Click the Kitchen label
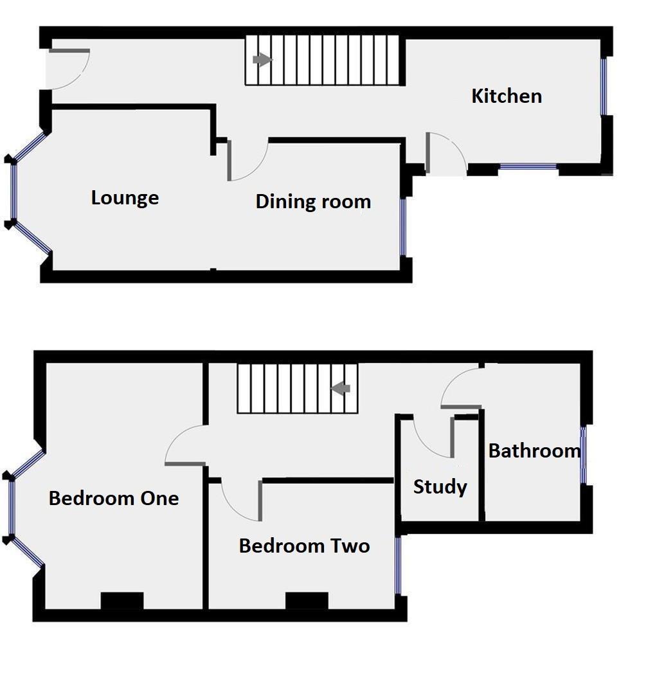(507, 96)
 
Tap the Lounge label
(125, 197)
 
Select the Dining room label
(313, 202)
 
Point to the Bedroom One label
(114, 498)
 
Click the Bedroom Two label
(304, 546)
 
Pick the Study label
(440, 487)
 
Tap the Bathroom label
(534, 451)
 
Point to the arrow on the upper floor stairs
(341, 388)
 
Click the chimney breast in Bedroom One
(122, 600)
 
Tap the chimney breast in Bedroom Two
(307, 601)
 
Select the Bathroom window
(584, 455)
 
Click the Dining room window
(403, 227)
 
